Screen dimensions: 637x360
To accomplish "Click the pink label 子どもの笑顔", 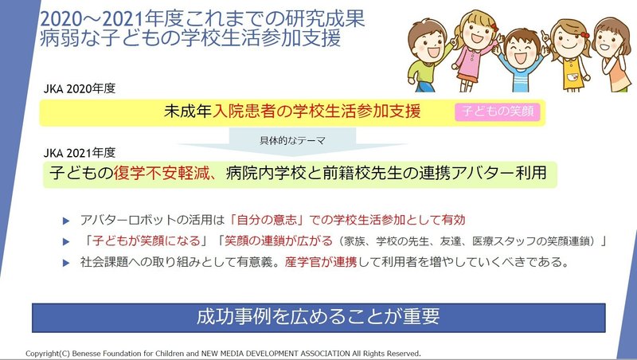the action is pos(497,112).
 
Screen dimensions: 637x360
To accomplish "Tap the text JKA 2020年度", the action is pos(80,88).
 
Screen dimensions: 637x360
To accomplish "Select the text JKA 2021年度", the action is pos(80,153).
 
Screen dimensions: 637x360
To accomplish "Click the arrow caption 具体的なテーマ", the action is pos(292,141).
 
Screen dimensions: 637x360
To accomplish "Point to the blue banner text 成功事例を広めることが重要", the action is pos(318,316).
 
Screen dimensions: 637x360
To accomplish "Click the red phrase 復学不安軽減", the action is pos(162,174).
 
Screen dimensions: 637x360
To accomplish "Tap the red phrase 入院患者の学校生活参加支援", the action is pos(316,112).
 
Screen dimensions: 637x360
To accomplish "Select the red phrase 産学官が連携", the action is pos(321,262).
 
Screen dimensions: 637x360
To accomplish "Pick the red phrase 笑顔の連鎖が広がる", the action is pos(278,241).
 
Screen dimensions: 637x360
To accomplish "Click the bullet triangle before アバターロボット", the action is pos(66,221).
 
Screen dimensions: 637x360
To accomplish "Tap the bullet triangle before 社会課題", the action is pos(66,263).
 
